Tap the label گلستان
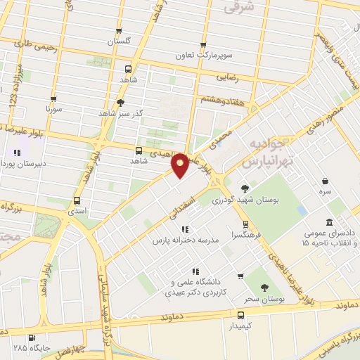[x=120, y=42]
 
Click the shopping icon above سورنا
[x=56, y=98]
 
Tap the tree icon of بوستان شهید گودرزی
[x=245, y=188]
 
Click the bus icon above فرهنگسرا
[x=245, y=225]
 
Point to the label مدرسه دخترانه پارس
[x=188, y=240]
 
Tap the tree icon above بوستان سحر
[x=264, y=288]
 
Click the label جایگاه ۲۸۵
[x=27, y=347]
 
